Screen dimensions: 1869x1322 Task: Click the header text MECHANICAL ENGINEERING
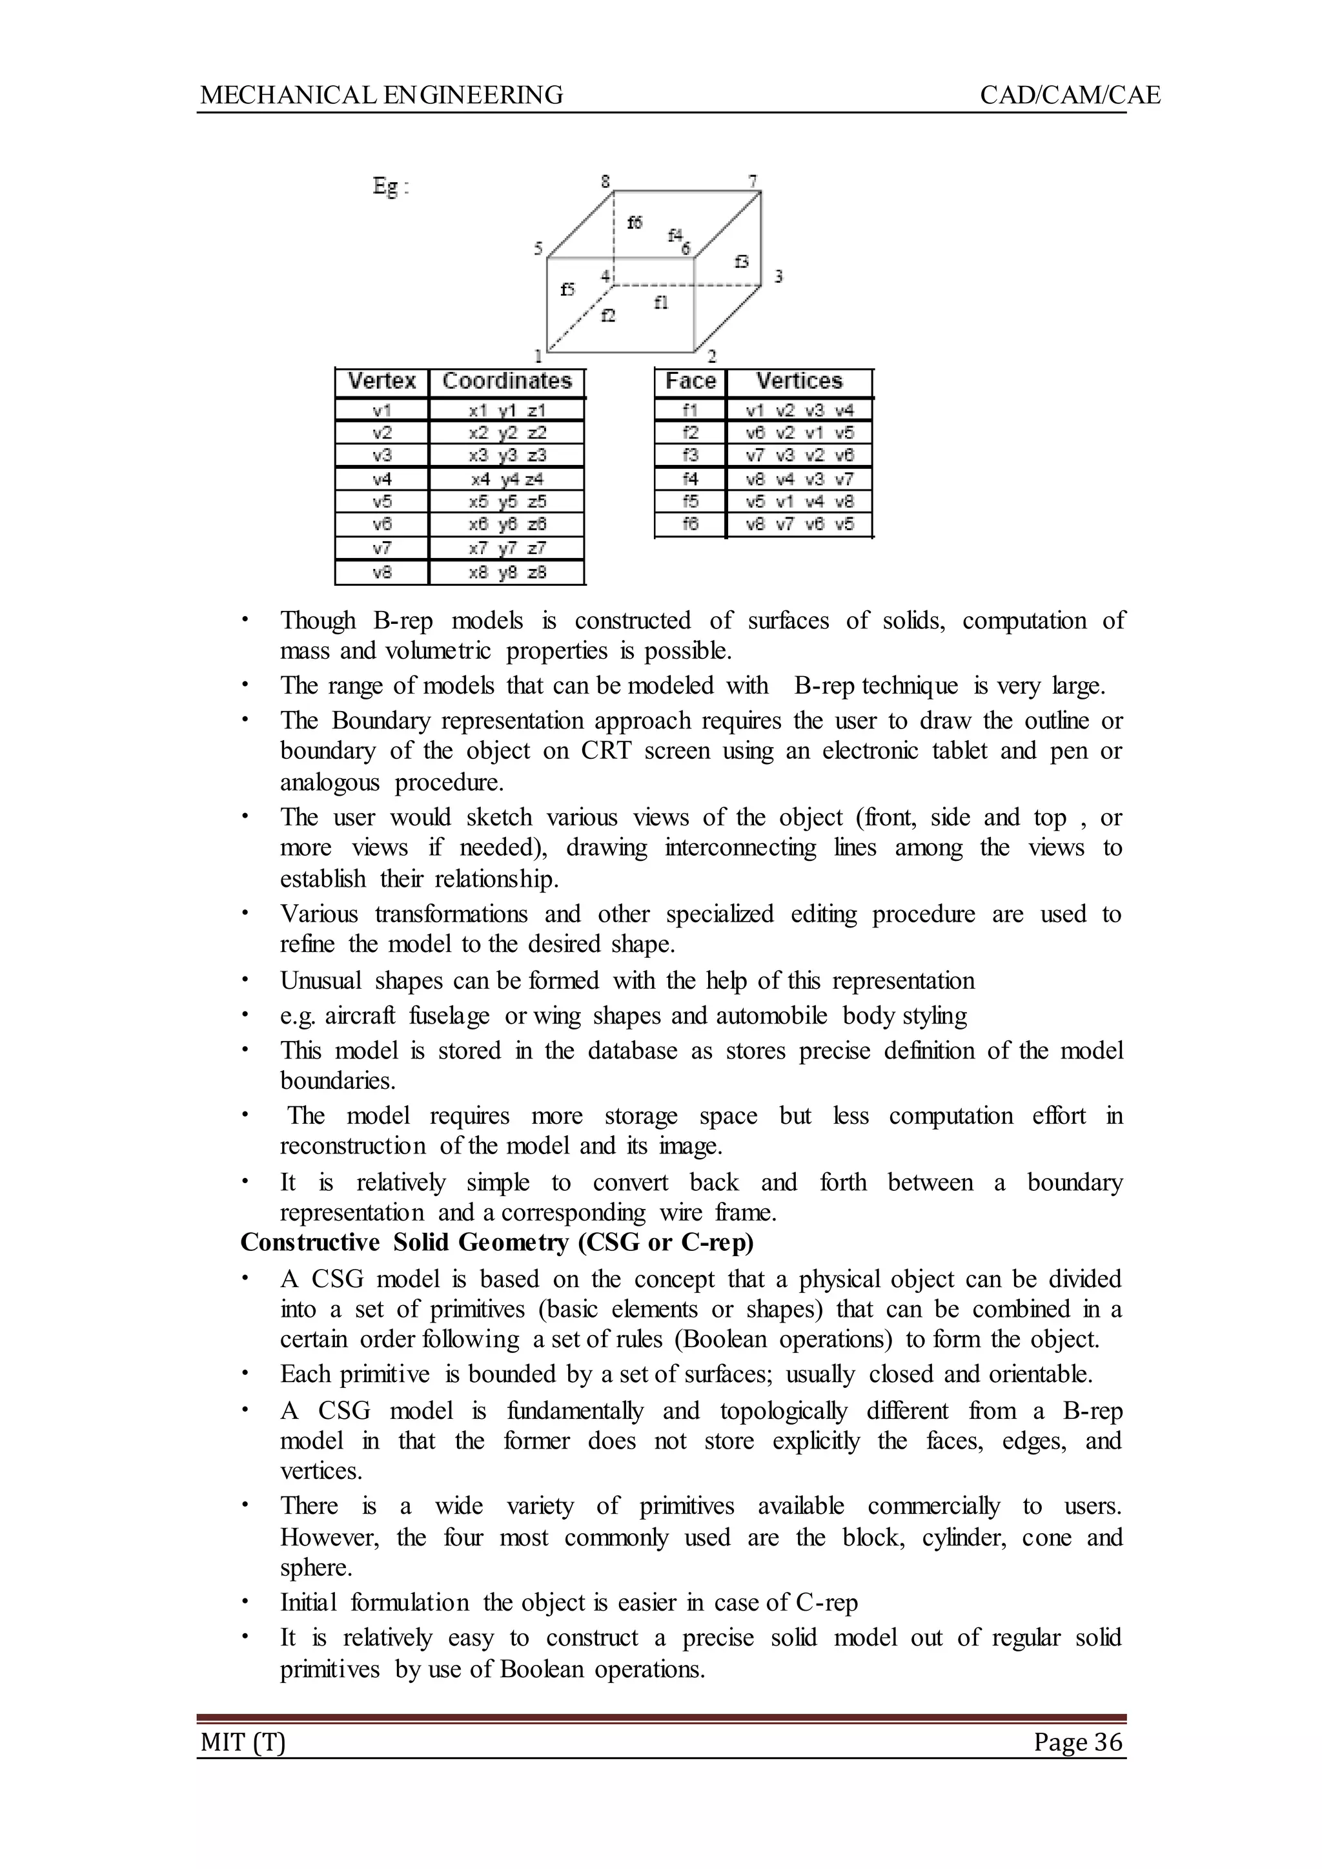(381, 96)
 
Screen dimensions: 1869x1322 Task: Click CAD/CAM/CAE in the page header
(1070, 96)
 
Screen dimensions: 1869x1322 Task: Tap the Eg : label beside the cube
(391, 187)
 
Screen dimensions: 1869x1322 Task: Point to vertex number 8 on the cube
(605, 181)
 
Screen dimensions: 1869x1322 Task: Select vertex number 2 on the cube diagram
(711, 356)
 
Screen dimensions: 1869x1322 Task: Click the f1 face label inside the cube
(661, 302)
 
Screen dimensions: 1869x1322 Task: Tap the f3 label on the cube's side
(742, 262)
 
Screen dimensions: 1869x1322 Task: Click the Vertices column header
(798, 381)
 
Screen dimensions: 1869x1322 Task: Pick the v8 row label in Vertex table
(381, 572)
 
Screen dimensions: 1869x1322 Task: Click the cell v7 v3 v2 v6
(799, 455)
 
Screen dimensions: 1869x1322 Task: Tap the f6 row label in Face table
(689, 524)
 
